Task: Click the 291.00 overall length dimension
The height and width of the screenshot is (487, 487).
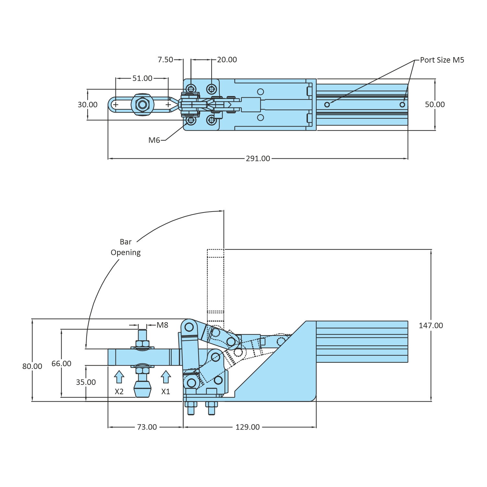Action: (x=258, y=159)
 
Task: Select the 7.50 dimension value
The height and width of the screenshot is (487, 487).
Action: (x=165, y=60)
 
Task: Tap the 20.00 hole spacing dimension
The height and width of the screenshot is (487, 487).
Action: (x=227, y=60)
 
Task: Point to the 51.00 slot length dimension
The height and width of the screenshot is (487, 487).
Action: (x=142, y=78)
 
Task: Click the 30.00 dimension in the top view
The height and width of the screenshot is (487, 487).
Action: (x=88, y=105)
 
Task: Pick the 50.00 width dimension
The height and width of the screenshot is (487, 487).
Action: (x=435, y=104)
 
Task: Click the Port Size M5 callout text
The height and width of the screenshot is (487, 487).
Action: (x=442, y=60)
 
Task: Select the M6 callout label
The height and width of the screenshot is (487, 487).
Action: (x=154, y=140)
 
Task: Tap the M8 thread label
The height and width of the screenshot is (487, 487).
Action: (x=162, y=325)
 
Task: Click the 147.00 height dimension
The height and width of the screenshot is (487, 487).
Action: (x=431, y=325)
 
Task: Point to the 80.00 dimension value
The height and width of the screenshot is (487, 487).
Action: (x=32, y=366)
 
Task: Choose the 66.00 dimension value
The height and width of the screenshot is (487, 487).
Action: (x=61, y=364)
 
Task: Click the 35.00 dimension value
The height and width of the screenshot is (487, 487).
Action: (x=86, y=382)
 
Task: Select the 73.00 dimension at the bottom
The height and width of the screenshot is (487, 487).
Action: (x=147, y=427)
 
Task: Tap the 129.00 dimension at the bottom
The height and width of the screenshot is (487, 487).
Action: (x=248, y=427)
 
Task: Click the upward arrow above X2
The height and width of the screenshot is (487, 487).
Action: (x=119, y=377)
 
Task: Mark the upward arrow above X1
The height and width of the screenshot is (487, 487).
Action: (x=166, y=377)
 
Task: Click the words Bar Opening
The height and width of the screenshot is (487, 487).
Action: (x=126, y=247)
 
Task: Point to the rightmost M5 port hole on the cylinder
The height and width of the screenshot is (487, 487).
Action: (x=402, y=104)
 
